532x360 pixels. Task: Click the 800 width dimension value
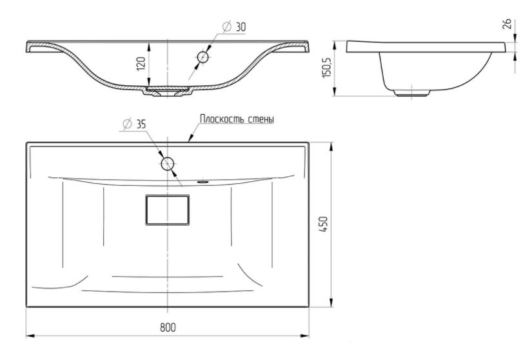tap(168, 328)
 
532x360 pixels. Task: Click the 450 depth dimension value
tap(324, 224)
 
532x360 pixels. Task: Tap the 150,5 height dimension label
tap(326, 68)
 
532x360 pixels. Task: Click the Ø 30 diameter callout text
tap(235, 27)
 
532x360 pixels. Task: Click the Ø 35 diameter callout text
tap(134, 124)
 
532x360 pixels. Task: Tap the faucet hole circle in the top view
tap(168, 164)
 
